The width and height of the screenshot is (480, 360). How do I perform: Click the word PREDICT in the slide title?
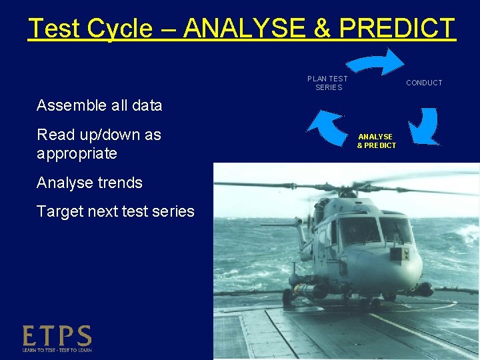(397, 29)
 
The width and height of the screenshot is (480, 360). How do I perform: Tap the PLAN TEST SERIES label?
(327, 83)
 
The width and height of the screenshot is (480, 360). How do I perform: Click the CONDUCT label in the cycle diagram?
(424, 83)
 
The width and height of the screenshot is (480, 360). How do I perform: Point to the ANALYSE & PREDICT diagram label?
(376, 141)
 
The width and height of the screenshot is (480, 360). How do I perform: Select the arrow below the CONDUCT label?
(423, 126)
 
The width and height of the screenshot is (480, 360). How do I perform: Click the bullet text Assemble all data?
(99, 105)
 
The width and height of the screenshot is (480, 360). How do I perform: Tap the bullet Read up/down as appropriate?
(99, 144)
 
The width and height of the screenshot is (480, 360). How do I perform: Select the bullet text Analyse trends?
(89, 183)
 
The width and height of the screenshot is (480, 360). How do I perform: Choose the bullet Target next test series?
(115, 212)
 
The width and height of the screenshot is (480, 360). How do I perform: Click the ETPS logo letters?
(57, 335)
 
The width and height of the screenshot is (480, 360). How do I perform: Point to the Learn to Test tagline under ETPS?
(57, 349)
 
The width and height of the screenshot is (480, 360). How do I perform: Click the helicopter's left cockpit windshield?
(358, 231)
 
